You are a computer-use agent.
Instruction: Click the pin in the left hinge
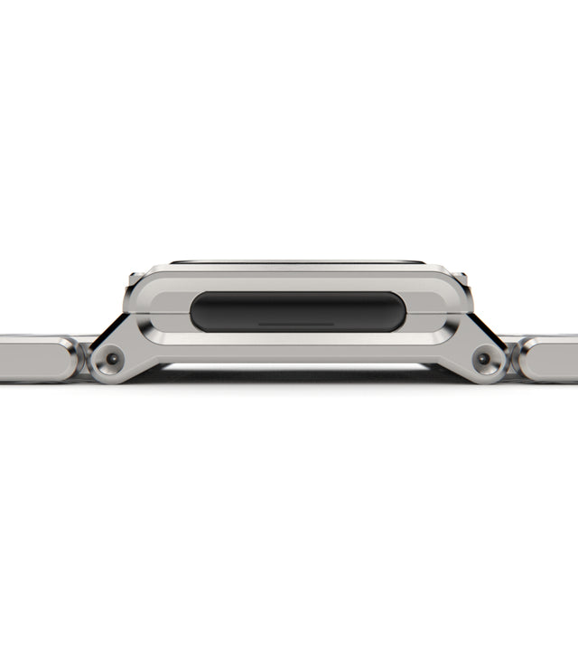tap(111, 359)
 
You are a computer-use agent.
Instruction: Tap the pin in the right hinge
tap(484, 359)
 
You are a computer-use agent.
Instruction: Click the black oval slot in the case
tap(298, 311)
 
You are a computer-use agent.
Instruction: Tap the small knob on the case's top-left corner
tap(134, 277)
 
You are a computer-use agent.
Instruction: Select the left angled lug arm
tap(135, 348)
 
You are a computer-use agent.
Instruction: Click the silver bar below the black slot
tap(298, 339)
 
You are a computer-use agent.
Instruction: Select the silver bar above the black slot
tap(298, 282)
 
